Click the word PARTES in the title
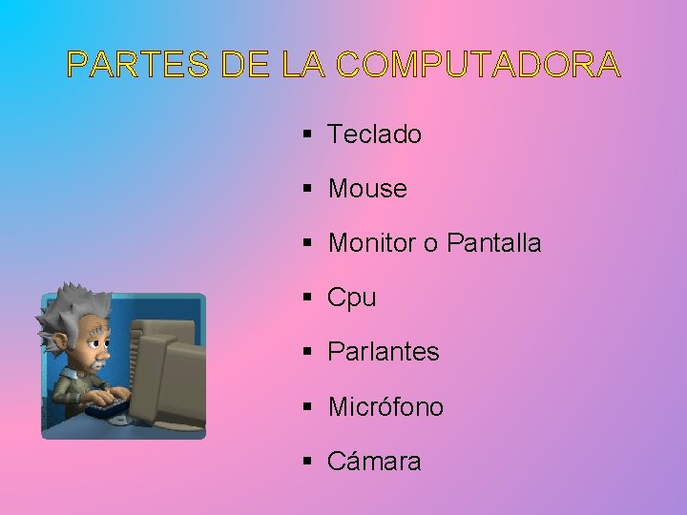tap(137, 65)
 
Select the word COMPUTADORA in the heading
tap(478, 65)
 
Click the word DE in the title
tap(247, 65)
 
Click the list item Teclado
tap(374, 134)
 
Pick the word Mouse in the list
tap(367, 189)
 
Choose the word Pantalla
tap(493, 243)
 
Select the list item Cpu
tap(352, 298)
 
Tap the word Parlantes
tap(383, 352)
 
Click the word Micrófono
tap(385, 407)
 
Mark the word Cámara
tap(374, 462)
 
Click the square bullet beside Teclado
tap(307, 134)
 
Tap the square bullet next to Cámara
tap(307, 462)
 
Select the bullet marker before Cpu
tap(307, 298)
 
